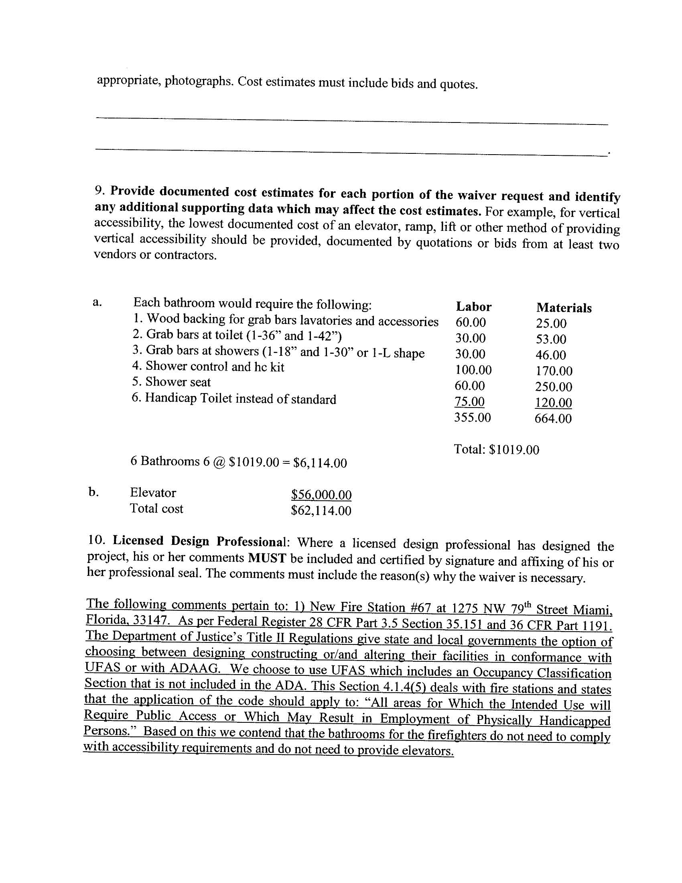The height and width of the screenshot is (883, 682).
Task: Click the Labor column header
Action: point(473,307)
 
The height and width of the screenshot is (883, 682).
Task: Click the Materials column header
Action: point(564,308)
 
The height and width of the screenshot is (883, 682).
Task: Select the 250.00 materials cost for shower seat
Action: point(554,387)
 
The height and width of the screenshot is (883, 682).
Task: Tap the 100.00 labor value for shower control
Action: point(473,370)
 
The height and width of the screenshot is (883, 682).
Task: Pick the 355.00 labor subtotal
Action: point(472,417)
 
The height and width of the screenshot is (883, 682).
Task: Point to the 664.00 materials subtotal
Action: point(553,418)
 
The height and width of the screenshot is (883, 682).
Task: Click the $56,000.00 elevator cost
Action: point(321,494)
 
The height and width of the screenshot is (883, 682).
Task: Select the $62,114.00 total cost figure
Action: point(321,511)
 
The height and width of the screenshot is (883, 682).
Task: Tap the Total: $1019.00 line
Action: point(497,450)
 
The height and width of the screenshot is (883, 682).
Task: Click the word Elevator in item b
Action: point(153,492)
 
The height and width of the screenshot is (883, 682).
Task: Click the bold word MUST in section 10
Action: point(267,558)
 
